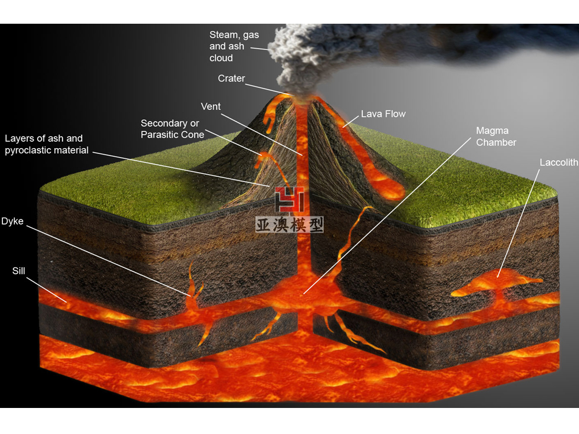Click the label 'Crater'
pyautogui.click(x=231, y=79)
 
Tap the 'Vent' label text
pyautogui.click(x=211, y=107)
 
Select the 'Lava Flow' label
pyautogui.click(x=383, y=114)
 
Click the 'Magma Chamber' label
pyautogui.click(x=496, y=137)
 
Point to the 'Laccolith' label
pyautogui.click(x=558, y=163)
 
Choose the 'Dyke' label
pyautogui.click(x=12, y=221)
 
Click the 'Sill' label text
pyautogui.click(x=19, y=271)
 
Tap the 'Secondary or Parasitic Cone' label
pyautogui.click(x=173, y=129)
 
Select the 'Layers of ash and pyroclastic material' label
pyautogui.click(x=46, y=144)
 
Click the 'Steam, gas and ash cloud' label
pyautogui.click(x=234, y=46)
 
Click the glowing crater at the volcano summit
pyautogui.click(x=301, y=96)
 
